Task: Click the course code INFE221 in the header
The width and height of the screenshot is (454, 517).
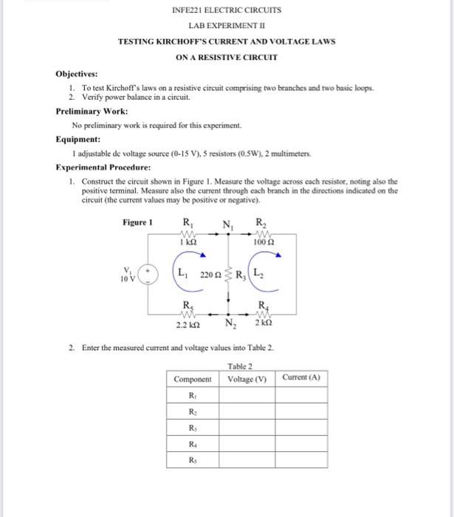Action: [x=186, y=10]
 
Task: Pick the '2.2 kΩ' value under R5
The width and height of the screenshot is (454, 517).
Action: [x=187, y=323]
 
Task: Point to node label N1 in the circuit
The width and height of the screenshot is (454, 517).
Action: [x=229, y=225]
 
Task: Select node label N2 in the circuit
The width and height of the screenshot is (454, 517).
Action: [x=230, y=323]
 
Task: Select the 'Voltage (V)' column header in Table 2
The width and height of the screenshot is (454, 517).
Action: [x=247, y=379]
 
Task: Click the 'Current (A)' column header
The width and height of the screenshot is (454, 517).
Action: [x=302, y=378]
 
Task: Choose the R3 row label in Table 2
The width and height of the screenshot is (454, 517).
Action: [x=192, y=428]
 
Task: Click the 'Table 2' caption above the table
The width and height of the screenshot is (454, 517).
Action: [x=241, y=366]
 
